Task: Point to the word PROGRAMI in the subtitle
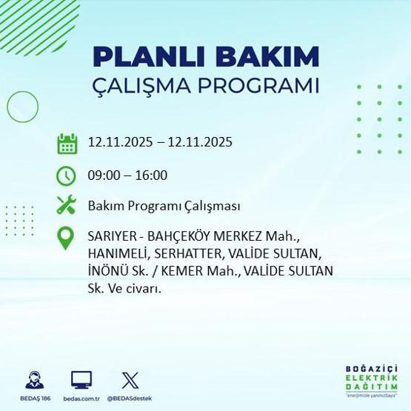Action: [267, 84]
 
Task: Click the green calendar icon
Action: [67, 142]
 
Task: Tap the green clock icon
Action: [67, 176]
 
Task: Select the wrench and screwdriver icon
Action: [67, 205]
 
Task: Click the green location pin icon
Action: [67, 238]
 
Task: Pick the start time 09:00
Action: [102, 176]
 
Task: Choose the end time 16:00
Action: [152, 176]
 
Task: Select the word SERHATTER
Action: [181, 254]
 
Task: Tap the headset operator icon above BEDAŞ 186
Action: [34, 379]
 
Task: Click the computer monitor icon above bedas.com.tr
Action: [81, 379]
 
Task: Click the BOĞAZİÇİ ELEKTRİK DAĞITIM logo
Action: [371, 380]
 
